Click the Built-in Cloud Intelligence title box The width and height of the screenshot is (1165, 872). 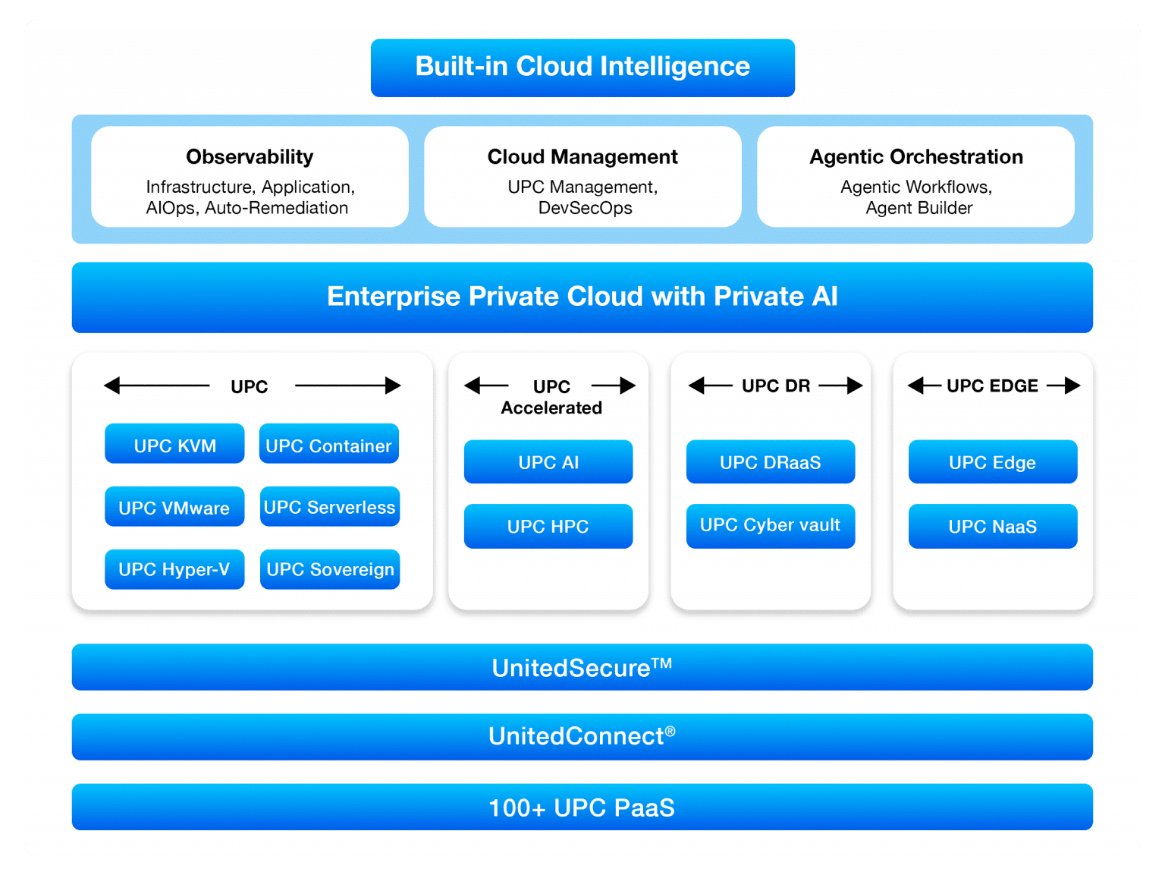[x=582, y=68]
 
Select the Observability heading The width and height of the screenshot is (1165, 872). [x=250, y=156]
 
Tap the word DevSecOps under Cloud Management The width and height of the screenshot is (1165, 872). [x=585, y=208]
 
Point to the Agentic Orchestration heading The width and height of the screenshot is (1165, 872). [x=916, y=156]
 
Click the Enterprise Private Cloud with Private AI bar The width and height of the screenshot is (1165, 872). [x=582, y=297]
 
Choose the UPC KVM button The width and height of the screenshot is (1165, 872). [x=174, y=444]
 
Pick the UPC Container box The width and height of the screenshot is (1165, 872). [x=328, y=444]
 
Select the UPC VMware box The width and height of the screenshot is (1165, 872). [x=174, y=507]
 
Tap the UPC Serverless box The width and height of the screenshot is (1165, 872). [x=329, y=507]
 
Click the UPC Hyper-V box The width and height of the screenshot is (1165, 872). [x=174, y=569]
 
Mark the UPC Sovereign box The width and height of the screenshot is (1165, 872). [x=329, y=569]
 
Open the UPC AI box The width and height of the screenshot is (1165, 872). [x=548, y=461]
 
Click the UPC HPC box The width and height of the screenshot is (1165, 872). [x=548, y=526]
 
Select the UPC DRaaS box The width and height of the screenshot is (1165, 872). [x=771, y=461]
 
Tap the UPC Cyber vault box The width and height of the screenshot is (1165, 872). [x=771, y=525]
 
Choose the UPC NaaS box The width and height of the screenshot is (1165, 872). [x=993, y=526]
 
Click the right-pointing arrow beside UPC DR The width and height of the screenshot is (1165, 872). [x=841, y=386]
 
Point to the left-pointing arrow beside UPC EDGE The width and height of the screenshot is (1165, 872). [x=925, y=386]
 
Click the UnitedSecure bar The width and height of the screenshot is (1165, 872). [x=582, y=667]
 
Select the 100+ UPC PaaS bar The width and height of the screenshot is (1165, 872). [x=582, y=807]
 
